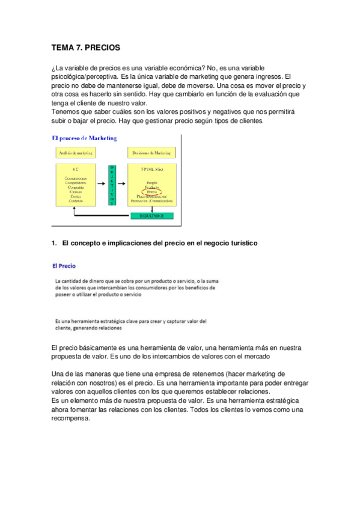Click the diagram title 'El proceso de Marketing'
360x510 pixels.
click(84, 138)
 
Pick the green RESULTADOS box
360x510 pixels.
click(151, 215)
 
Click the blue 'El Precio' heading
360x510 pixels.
click(64, 265)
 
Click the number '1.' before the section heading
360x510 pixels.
click(56, 244)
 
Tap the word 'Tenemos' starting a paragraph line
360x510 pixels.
click(67, 111)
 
